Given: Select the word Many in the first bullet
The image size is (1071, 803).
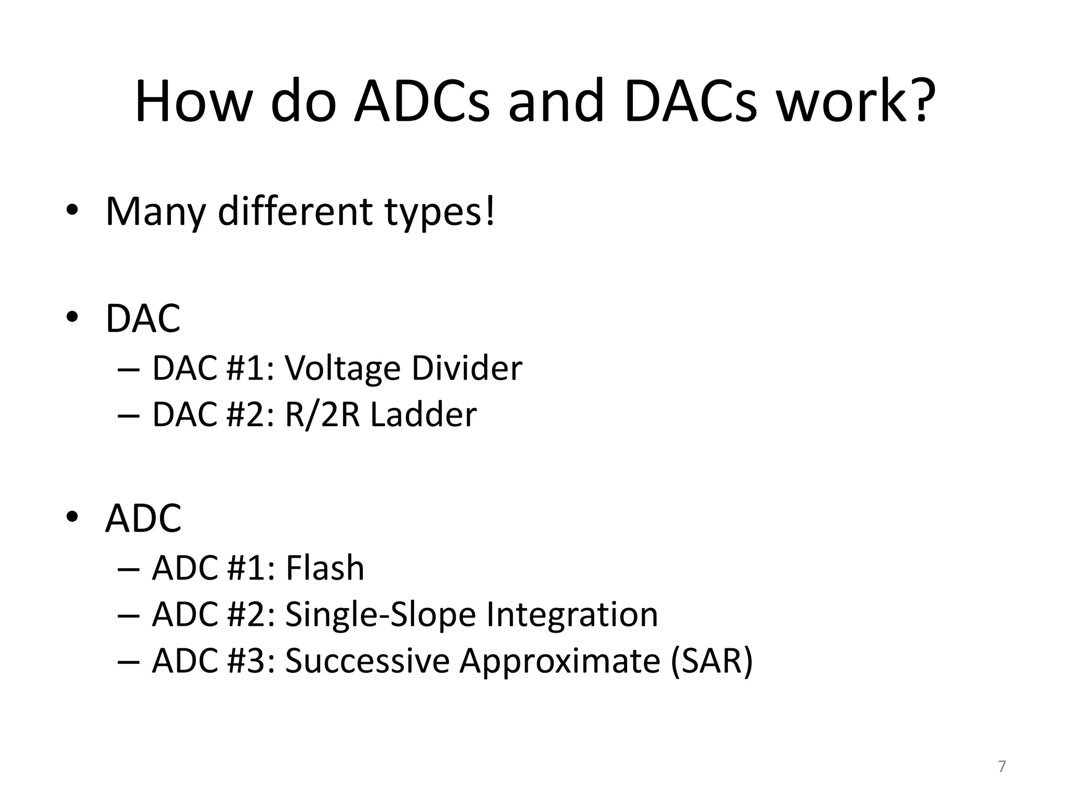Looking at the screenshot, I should click(x=155, y=212).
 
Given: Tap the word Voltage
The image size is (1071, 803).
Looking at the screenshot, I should click(x=343, y=369).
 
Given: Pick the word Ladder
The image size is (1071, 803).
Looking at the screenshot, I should click(x=423, y=415).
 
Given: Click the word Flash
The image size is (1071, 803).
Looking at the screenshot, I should click(x=324, y=568).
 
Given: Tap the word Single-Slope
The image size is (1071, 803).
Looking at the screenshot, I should click(x=380, y=615).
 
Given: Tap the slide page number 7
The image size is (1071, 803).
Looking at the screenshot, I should click(x=1001, y=766).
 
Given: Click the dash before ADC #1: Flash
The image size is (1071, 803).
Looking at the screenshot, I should click(x=129, y=569).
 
